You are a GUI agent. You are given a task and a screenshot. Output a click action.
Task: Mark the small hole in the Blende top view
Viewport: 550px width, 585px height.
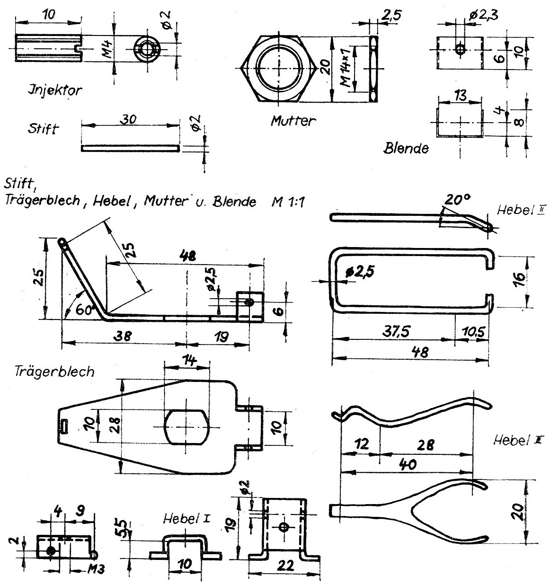coord(460,49)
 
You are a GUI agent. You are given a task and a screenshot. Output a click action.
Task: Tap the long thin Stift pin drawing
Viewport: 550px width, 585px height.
coord(131,148)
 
